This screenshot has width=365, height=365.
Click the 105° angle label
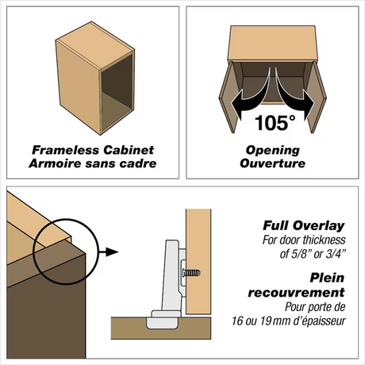275,123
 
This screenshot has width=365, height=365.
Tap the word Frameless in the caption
65,150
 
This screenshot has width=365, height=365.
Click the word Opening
273,151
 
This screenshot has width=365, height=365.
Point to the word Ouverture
273,163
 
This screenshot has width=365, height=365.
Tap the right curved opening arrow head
309,104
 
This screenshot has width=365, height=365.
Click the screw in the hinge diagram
191,273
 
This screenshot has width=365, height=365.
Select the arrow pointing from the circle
109,252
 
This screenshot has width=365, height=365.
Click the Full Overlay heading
304,225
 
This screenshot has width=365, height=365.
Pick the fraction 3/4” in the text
335,254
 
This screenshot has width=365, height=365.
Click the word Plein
327,278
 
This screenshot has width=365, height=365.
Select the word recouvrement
297,293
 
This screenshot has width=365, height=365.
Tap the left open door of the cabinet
231,97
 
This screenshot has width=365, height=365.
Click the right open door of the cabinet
316,97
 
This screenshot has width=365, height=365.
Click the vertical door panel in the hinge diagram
198,262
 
